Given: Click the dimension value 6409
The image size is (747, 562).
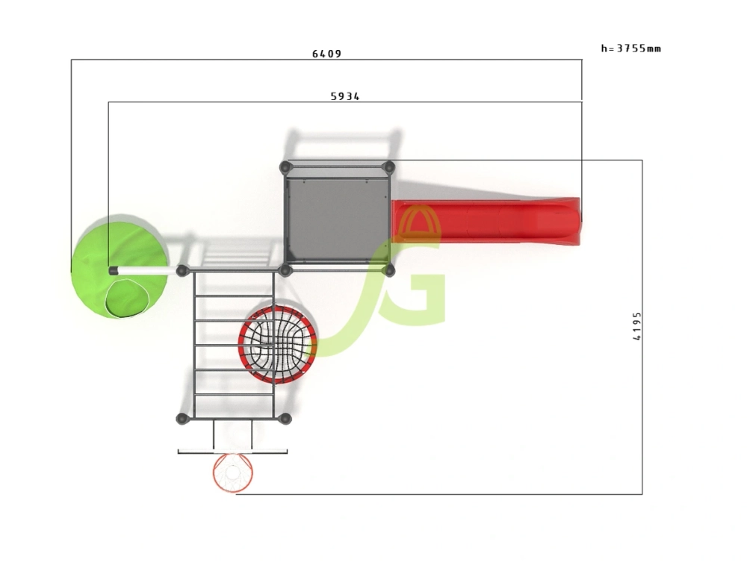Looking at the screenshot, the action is point(327,54).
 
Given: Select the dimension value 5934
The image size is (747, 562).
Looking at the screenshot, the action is point(345,96).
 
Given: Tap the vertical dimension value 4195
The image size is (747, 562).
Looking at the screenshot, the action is point(637,326).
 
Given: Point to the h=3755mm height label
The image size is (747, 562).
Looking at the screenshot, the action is point(630,48).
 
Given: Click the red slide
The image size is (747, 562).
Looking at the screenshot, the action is point(486,221).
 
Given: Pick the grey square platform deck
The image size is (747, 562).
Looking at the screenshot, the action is point(338,219).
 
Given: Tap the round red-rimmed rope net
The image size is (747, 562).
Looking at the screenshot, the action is point(278,345).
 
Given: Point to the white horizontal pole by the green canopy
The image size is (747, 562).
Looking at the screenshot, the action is point(143,271).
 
